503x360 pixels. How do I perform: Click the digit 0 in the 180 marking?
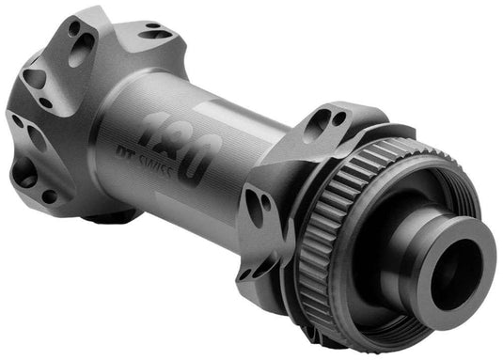coord(202,151)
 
